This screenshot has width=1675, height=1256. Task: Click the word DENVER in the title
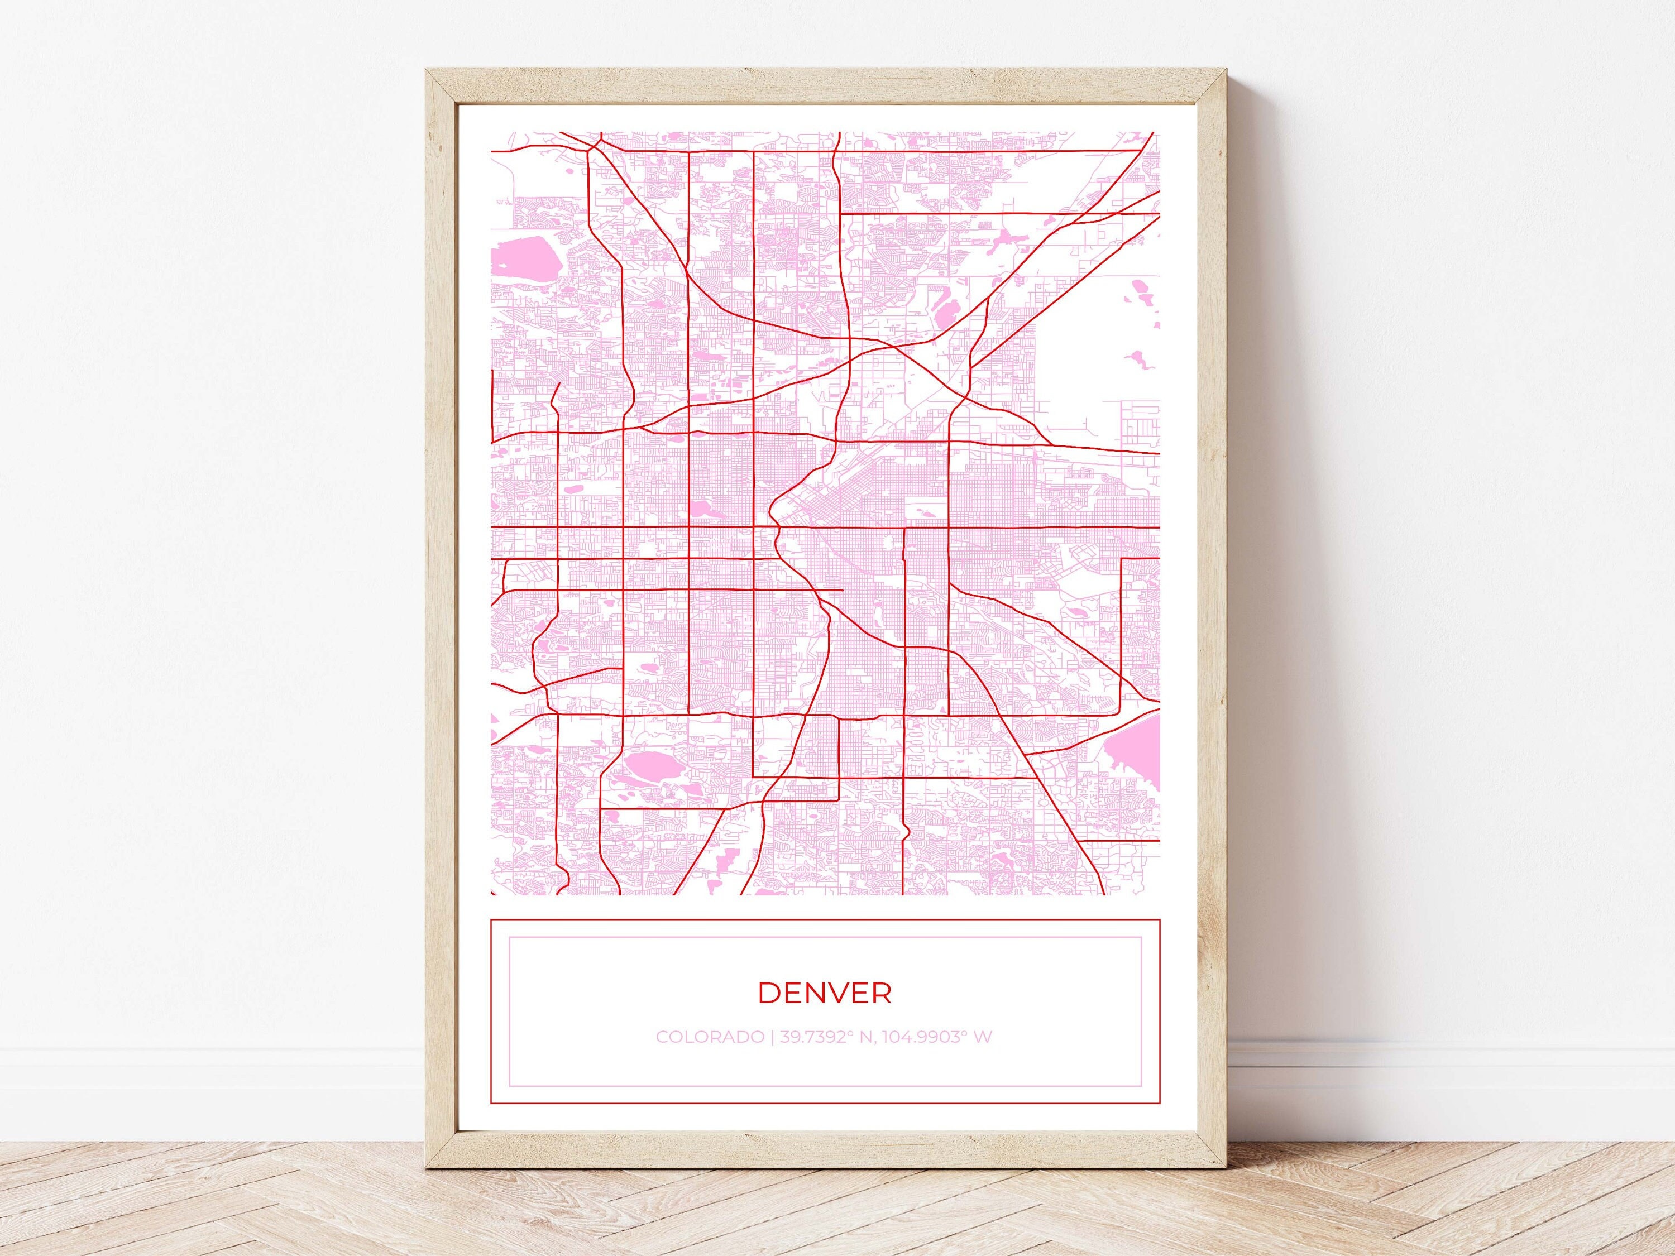tap(825, 993)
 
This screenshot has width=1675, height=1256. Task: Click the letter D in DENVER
tap(768, 993)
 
